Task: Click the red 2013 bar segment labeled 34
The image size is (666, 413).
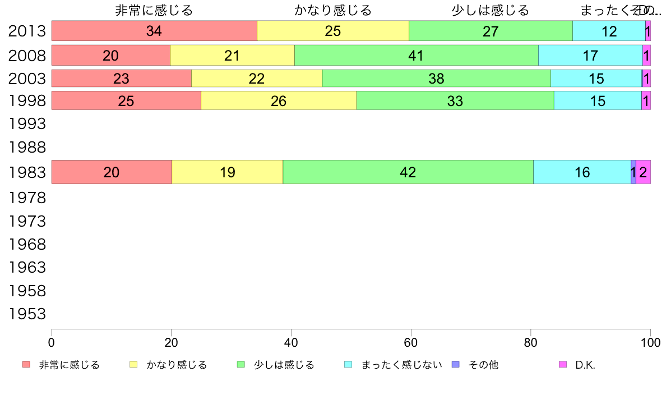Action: coord(154,31)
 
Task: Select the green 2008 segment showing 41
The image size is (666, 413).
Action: coord(416,55)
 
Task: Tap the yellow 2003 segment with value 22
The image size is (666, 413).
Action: coord(257,79)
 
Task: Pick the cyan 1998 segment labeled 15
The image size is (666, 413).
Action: coord(598,100)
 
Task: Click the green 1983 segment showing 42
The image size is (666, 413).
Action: coord(408,172)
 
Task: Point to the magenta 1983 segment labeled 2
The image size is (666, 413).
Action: coord(643,172)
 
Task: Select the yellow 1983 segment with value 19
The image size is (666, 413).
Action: coord(227,172)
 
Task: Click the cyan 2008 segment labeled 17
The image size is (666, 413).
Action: coord(590,55)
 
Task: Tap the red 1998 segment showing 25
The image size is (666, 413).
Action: coord(126,100)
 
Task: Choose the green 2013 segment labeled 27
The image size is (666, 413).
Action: coord(491,31)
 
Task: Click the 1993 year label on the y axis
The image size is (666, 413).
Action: coord(27,122)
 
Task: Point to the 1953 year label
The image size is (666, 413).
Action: coord(27,314)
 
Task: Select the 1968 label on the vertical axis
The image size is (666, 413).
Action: coord(27,245)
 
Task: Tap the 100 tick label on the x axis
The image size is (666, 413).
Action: coord(650,341)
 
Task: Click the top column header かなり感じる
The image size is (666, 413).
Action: coord(333,10)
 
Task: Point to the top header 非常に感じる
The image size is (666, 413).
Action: coord(154,10)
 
